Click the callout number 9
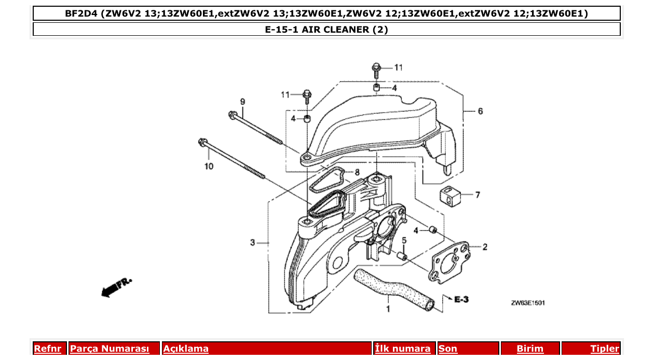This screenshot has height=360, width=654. click(242, 101)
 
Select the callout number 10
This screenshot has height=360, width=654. click(209, 166)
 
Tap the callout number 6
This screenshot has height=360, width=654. click(480, 112)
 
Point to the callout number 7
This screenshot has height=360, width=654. click(478, 195)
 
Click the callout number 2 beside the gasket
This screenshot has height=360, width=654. click(485, 247)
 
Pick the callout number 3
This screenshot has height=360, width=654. click(252, 242)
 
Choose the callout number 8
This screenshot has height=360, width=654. click(357, 172)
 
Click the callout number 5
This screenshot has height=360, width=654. click(404, 240)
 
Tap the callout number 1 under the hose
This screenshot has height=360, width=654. click(388, 310)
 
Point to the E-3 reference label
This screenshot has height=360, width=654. click(461, 299)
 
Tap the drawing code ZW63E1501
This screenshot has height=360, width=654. click(528, 303)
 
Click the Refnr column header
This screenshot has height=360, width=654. click(47, 349)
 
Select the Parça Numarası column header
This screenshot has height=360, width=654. click(110, 349)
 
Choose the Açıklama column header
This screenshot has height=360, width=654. click(186, 349)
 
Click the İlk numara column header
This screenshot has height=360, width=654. click(403, 349)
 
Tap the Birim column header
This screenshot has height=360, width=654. click(530, 349)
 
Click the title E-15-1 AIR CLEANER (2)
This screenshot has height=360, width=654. click(326, 30)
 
